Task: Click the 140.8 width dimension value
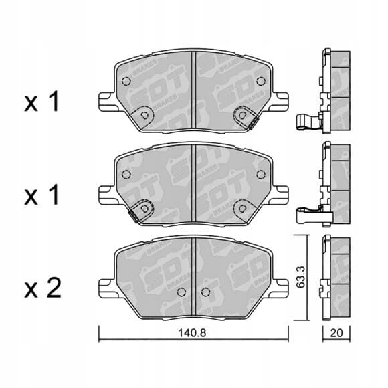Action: [192, 333]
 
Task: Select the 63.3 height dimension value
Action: [301, 277]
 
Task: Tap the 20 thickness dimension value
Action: [336, 333]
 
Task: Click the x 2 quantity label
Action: [43, 288]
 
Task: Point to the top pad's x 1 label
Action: [41, 101]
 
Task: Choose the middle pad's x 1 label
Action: [41, 195]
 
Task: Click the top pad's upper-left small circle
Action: [126, 81]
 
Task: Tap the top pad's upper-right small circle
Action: [261, 81]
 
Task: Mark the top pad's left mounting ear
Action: [107, 102]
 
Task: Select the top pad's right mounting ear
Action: [280, 102]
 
